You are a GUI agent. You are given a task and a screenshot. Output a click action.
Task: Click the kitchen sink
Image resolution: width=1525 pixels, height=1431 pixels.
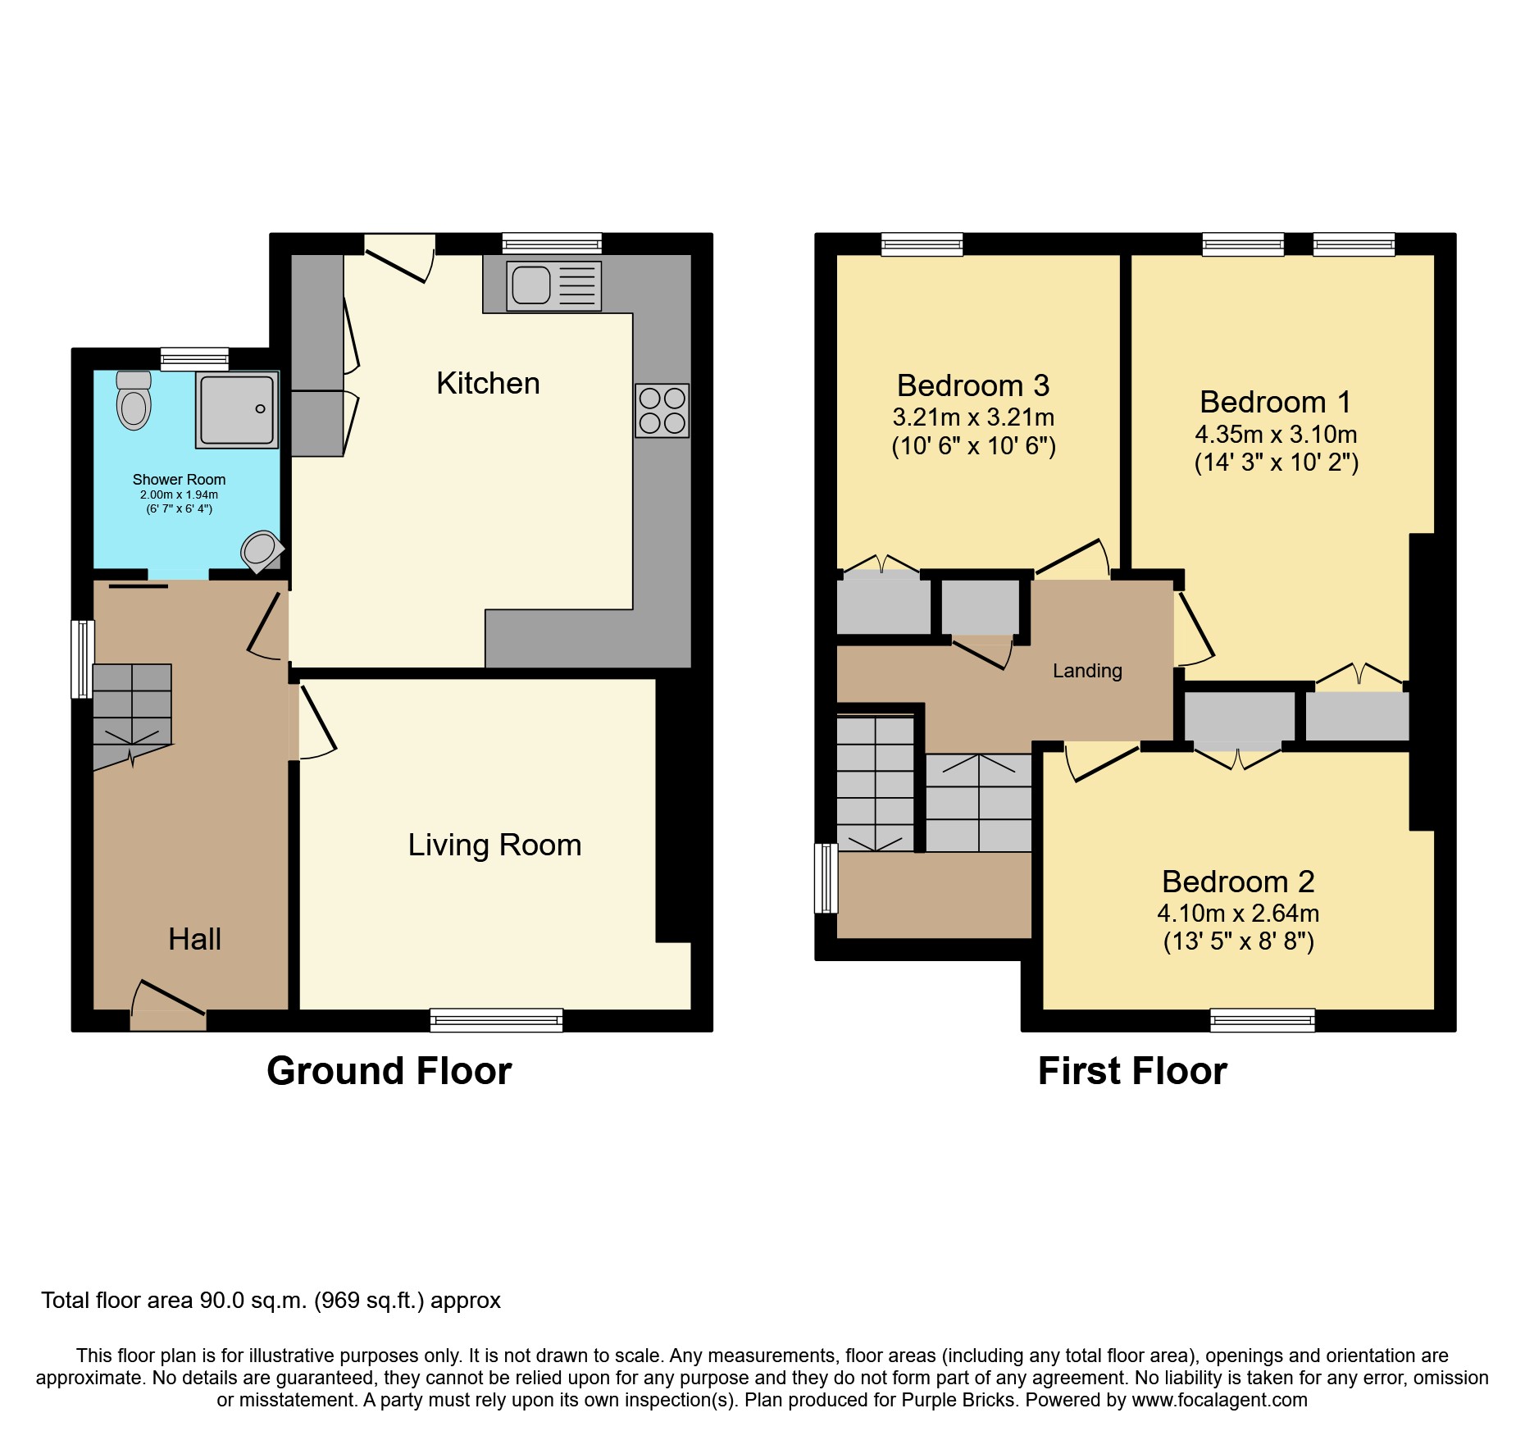tap(553, 285)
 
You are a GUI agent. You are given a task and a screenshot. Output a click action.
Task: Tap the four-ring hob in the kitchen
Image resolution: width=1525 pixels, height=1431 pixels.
tap(662, 410)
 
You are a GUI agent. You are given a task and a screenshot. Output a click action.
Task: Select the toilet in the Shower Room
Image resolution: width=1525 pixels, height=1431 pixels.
tap(134, 401)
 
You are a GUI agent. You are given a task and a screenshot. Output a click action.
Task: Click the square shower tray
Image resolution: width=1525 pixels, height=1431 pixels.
tap(237, 409)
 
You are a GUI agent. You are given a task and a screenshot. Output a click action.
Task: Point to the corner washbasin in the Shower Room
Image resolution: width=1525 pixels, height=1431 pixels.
tap(261, 550)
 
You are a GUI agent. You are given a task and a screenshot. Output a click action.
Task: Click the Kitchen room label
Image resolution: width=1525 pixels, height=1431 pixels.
tap(488, 383)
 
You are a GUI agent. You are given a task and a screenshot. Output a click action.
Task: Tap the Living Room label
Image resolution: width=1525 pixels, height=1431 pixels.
tap(494, 845)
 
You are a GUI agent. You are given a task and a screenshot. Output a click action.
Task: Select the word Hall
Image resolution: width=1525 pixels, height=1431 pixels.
tap(194, 939)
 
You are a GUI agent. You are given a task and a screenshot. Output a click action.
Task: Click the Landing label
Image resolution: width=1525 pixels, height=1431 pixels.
tap(1087, 671)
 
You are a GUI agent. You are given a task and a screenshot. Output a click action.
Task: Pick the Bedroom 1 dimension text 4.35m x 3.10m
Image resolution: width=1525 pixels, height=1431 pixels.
tap(1276, 434)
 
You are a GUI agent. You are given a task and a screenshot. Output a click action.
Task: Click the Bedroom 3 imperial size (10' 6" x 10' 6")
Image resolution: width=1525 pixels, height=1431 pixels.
tap(973, 446)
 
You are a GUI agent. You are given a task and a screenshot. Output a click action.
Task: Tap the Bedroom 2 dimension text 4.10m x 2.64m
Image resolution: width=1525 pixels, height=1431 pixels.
tap(1238, 913)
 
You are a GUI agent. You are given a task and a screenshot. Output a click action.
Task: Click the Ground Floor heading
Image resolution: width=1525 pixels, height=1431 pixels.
tap(389, 1071)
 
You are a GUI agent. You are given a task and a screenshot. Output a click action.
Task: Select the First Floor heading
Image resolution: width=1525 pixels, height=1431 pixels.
tap(1132, 1071)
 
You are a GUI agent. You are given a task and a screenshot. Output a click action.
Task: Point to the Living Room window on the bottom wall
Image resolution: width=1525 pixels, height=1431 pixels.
tap(496, 1019)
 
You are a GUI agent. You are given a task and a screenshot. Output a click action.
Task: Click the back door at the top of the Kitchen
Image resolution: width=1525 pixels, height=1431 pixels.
tap(399, 256)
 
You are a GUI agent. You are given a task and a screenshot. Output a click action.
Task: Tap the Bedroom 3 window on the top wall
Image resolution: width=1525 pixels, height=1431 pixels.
tap(922, 244)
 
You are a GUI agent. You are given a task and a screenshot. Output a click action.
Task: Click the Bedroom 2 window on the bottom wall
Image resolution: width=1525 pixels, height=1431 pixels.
tap(1262, 1019)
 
